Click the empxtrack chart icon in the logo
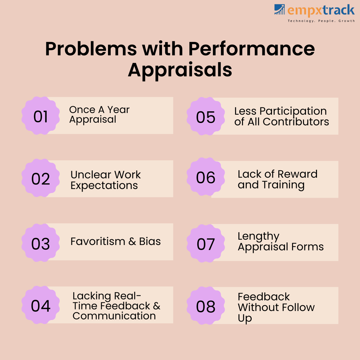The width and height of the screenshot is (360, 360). [x=279, y=9]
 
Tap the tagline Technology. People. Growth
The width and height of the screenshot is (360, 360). [x=321, y=21]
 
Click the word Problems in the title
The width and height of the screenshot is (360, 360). [x=91, y=49]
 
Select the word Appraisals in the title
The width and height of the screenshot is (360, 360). [x=180, y=70]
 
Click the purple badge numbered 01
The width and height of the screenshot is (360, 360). [x=41, y=115]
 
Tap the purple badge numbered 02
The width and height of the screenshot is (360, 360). [x=41, y=178]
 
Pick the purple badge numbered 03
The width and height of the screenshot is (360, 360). [x=41, y=243]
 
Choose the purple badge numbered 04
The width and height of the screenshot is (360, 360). [x=41, y=305]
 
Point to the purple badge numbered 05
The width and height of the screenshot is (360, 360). [x=206, y=116]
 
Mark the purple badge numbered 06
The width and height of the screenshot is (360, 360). [x=206, y=177]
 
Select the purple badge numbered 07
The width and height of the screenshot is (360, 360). [x=206, y=243]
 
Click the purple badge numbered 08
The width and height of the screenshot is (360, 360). [x=206, y=306]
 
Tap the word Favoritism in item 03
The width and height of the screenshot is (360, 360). [x=98, y=241]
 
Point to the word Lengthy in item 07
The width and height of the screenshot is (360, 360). [x=259, y=237]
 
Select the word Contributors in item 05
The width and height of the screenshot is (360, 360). [x=296, y=122]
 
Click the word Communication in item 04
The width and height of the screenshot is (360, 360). [x=114, y=316]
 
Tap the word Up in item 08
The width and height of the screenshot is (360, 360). [x=245, y=318]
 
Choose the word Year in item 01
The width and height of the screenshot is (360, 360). [x=118, y=110]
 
